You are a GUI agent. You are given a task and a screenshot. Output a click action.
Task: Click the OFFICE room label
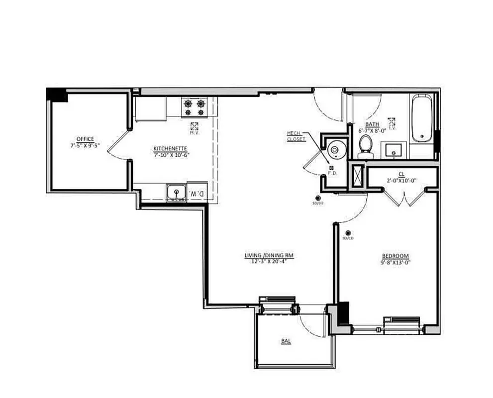coord(85,139)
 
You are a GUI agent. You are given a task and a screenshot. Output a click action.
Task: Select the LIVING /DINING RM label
coord(269,256)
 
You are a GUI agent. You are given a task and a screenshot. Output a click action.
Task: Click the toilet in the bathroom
coord(366,145)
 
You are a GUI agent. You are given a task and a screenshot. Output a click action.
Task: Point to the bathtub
coord(422,118)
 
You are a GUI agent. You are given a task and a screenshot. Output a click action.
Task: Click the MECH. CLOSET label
coord(296,136)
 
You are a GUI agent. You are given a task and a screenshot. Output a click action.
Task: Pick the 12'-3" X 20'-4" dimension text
coord(269,261)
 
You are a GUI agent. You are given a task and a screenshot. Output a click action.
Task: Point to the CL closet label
coord(401,174)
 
